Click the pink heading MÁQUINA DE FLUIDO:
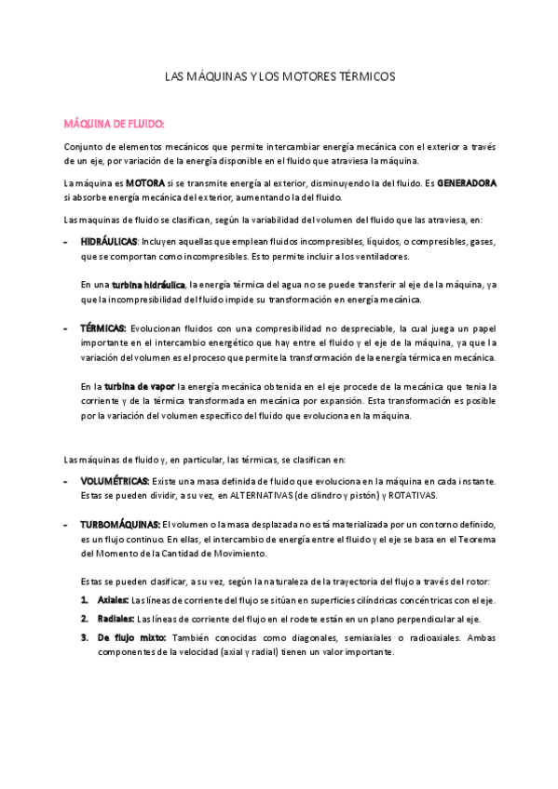(x=114, y=123)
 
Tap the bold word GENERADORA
(x=467, y=183)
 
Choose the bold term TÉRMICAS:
(x=102, y=328)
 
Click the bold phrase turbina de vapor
(x=139, y=386)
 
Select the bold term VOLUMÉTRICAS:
(x=115, y=480)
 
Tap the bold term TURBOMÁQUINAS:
(x=120, y=525)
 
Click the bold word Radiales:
(x=116, y=618)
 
